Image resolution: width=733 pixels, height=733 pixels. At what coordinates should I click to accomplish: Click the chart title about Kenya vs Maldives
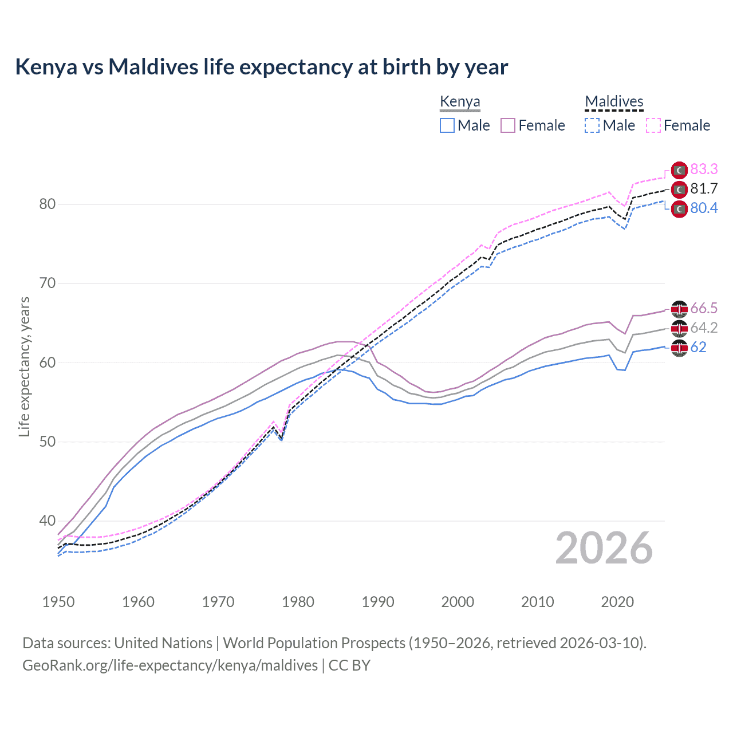pyautogui.click(x=261, y=67)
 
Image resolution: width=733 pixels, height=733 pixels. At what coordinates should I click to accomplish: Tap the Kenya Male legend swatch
pyautogui.click(x=447, y=125)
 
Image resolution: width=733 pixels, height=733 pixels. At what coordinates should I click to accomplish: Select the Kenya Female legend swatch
pyautogui.click(x=508, y=125)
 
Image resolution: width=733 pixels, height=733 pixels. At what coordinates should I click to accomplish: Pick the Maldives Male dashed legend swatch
pyautogui.click(x=592, y=125)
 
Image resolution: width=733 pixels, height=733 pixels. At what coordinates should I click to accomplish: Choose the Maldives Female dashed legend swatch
pyautogui.click(x=653, y=125)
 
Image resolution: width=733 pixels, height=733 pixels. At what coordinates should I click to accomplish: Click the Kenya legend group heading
pyautogui.click(x=460, y=102)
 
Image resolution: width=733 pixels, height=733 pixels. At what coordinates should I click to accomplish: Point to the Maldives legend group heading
pyautogui.click(x=614, y=102)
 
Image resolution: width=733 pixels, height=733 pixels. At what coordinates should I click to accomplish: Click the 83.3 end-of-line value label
pyautogui.click(x=704, y=169)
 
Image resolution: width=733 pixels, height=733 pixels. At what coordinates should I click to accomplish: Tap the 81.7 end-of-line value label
pyautogui.click(x=704, y=188)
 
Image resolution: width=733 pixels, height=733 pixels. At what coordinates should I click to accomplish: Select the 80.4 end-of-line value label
pyautogui.click(x=704, y=208)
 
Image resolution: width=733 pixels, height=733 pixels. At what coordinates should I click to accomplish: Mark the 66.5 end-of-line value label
pyautogui.click(x=704, y=308)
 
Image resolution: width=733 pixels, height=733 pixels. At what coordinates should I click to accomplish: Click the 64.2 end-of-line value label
pyautogui.click(x=704, y=328)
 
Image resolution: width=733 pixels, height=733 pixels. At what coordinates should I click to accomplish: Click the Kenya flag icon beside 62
pyautogui.click(x=679, y=348)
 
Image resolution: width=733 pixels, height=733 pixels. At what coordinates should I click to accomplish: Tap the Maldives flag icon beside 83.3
pyautogui.click(x=679, y=170)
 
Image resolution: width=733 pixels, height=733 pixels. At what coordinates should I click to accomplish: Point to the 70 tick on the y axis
pyautogui.click(x=47, y=283)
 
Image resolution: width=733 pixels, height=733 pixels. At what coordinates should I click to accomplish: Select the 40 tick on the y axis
pyautogui.click(x=47, y=521)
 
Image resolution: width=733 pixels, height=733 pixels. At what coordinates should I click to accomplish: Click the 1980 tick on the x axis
pyautogui.click(x=298, y=602)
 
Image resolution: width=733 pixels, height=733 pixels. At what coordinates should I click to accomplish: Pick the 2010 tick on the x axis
pyautogui.click(x=537, y=602)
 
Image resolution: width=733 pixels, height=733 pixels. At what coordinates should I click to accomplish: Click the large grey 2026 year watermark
pyautogui.click(x=604, y=548)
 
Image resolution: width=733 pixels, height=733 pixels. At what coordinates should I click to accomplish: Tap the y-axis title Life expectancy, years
pyautogui.click(x=24, y=366)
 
